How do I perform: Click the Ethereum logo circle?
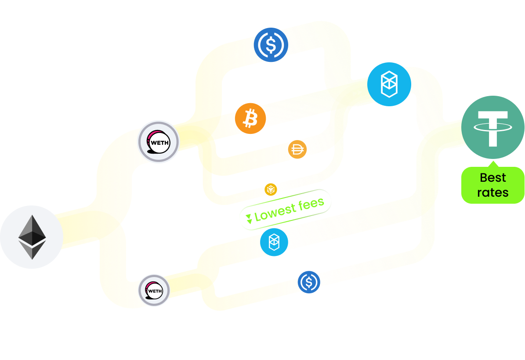[32, 237]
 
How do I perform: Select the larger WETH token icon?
[158, 142]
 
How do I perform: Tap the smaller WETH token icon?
[154, 290]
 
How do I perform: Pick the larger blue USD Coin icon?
[271, 45]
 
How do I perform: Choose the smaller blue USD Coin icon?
[309, 282]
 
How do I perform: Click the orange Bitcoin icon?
[250, 119]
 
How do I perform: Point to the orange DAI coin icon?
[297, 150]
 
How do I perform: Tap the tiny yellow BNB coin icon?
[271, 190]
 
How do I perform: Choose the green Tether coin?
[492, 127]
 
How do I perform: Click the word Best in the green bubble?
[493, 178]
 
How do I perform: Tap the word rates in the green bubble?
[493, 192]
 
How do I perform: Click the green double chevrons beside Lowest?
[249, 219]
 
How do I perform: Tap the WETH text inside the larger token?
[159, 143]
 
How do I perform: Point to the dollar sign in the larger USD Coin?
[271, 45]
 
